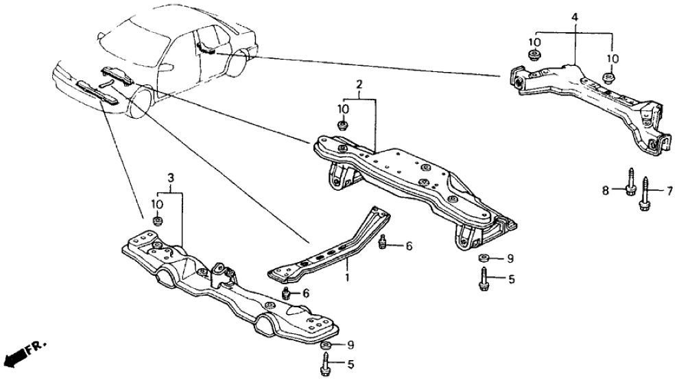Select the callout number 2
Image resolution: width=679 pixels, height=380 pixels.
pos(358,84)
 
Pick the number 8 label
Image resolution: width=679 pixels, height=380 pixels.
pos(606,190)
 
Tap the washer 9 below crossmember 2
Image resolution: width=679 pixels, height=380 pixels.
pos(483,258)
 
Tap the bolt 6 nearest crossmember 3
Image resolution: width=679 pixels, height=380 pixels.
pos(286,294)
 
